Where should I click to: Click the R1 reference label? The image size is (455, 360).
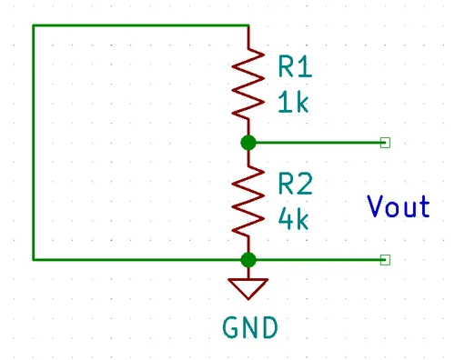295,66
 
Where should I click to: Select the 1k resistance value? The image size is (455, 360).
293,102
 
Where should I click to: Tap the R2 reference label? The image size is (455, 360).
295,184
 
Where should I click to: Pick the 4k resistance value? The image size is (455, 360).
293,218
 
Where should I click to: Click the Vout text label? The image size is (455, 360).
399,206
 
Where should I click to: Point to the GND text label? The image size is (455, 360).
250,327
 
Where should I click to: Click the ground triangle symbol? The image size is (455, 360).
248,289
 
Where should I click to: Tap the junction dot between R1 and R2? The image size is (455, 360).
248,143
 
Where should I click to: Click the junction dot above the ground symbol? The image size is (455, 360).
248,260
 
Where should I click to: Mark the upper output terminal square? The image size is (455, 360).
385,143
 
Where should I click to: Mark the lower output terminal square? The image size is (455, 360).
385,260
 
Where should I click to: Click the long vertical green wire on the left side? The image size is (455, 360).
34,143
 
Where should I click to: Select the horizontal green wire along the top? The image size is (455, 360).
141,25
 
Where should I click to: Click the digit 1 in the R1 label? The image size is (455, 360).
306,66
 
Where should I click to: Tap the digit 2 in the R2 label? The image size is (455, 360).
305,184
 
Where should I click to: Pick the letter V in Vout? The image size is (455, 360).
375,206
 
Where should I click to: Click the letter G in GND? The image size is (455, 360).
230,327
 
